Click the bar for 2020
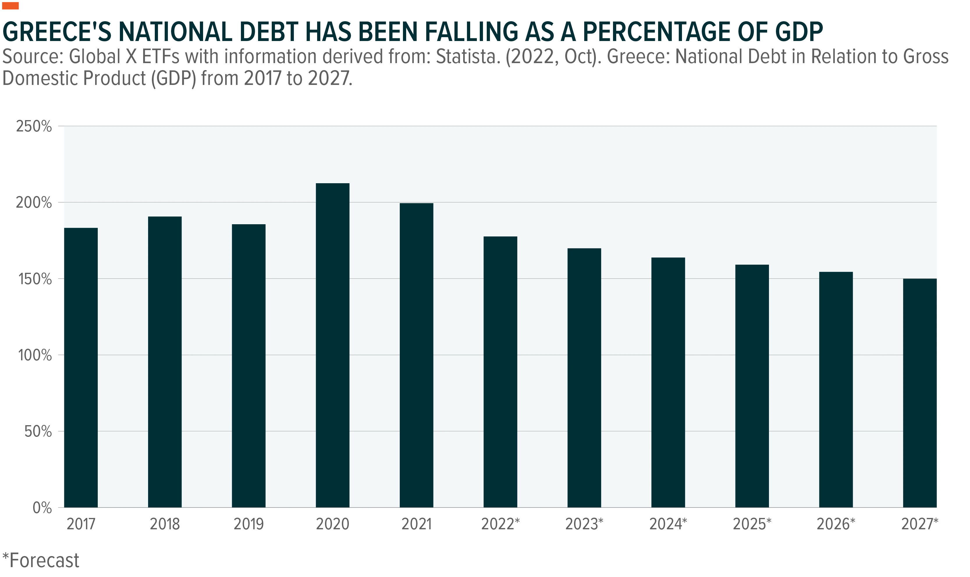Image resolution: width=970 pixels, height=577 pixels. (332, 345)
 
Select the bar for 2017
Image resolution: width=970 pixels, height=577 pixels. (81, 367)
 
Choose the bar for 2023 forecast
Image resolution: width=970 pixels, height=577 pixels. (584, 378)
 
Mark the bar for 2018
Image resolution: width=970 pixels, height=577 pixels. (165, 362)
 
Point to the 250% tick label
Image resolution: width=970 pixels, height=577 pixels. (34, 127)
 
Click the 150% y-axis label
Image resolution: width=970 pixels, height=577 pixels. (35, 279)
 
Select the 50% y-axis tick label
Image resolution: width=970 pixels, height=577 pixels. (38, 432)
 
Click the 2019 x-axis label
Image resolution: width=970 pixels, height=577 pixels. (248, 524)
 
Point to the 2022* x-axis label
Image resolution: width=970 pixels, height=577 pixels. (500, 524)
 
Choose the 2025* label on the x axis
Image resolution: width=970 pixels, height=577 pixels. (752, 524)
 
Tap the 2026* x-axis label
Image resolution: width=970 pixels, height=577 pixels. (836, 524)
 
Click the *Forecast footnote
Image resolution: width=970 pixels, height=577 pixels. (41, 561)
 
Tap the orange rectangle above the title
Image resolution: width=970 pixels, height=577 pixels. (10, 6)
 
